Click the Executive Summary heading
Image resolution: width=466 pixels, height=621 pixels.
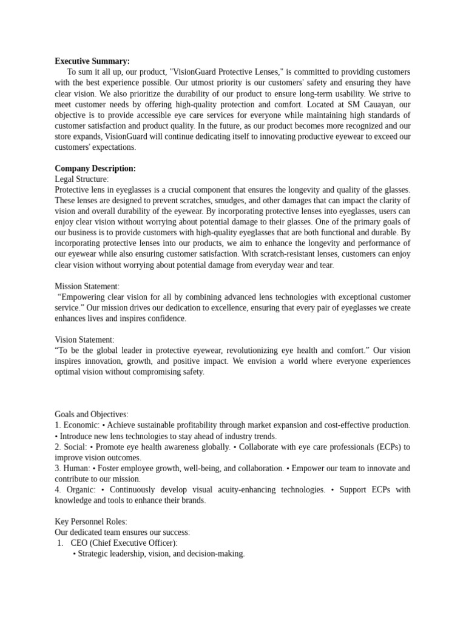[x=92, y=61]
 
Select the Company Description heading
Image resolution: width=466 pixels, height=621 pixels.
[x=95, y=168]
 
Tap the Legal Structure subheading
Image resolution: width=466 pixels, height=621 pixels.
[x=82, y=179]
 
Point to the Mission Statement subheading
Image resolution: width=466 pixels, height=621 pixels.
[x=87, y=286]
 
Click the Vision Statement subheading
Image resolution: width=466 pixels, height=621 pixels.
[x=84, y=340]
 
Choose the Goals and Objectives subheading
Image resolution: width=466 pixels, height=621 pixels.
[x=92, y=414]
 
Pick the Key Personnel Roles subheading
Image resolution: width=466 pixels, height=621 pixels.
[x=91, y=522]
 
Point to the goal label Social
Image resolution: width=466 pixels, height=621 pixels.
[x=76, y=447]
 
